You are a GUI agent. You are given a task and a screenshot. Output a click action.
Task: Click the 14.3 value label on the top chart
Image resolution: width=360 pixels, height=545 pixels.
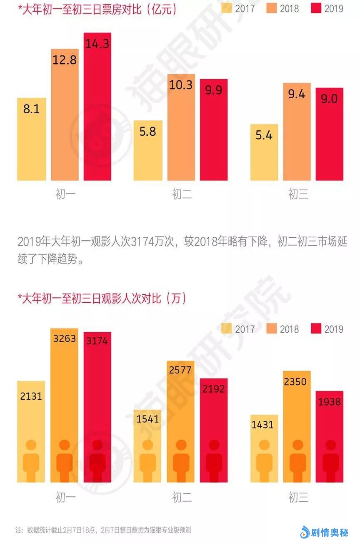[x=97, y=44]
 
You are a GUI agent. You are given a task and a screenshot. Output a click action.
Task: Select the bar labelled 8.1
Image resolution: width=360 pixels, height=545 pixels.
[x=31, y=139]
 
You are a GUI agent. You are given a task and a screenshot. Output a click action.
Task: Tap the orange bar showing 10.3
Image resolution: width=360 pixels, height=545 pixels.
[x=181, y=127]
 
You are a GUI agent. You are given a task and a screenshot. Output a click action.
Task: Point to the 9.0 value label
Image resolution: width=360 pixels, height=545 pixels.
[x=329, y=99]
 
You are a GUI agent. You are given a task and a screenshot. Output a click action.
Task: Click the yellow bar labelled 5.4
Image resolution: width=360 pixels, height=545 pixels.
[x=264, y=152]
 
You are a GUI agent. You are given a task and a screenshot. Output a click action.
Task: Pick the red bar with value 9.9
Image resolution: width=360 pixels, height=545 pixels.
[x=214, y=129]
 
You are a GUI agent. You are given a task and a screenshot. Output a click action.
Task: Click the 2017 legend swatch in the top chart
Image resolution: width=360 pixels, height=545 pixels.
[x=227, y=8]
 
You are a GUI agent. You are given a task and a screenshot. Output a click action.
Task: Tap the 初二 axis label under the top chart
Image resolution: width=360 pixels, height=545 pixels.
[x=181, y=194]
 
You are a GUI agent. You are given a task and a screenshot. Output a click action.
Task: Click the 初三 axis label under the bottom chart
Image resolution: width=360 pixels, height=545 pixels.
[x=298, y=497]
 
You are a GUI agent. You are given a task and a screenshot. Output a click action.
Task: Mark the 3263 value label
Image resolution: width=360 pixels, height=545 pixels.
[x=65, y=338]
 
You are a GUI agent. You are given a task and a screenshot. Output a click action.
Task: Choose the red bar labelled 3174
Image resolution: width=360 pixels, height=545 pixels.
[x=97, y=407]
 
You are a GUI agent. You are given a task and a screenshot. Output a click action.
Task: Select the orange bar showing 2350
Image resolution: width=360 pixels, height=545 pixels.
[x=297, y=426]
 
